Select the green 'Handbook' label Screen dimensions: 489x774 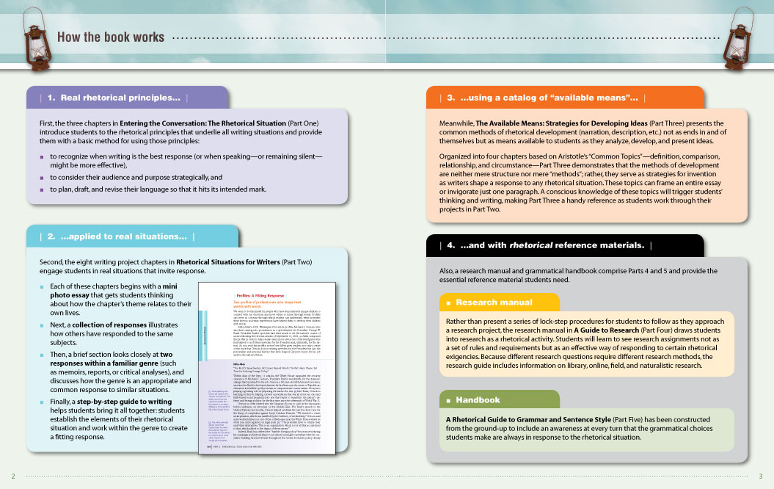coord(478,400)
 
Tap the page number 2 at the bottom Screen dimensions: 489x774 coord(12,475)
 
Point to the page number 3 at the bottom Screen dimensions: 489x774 coord(761,475)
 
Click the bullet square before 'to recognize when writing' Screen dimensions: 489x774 coord(43,156)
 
